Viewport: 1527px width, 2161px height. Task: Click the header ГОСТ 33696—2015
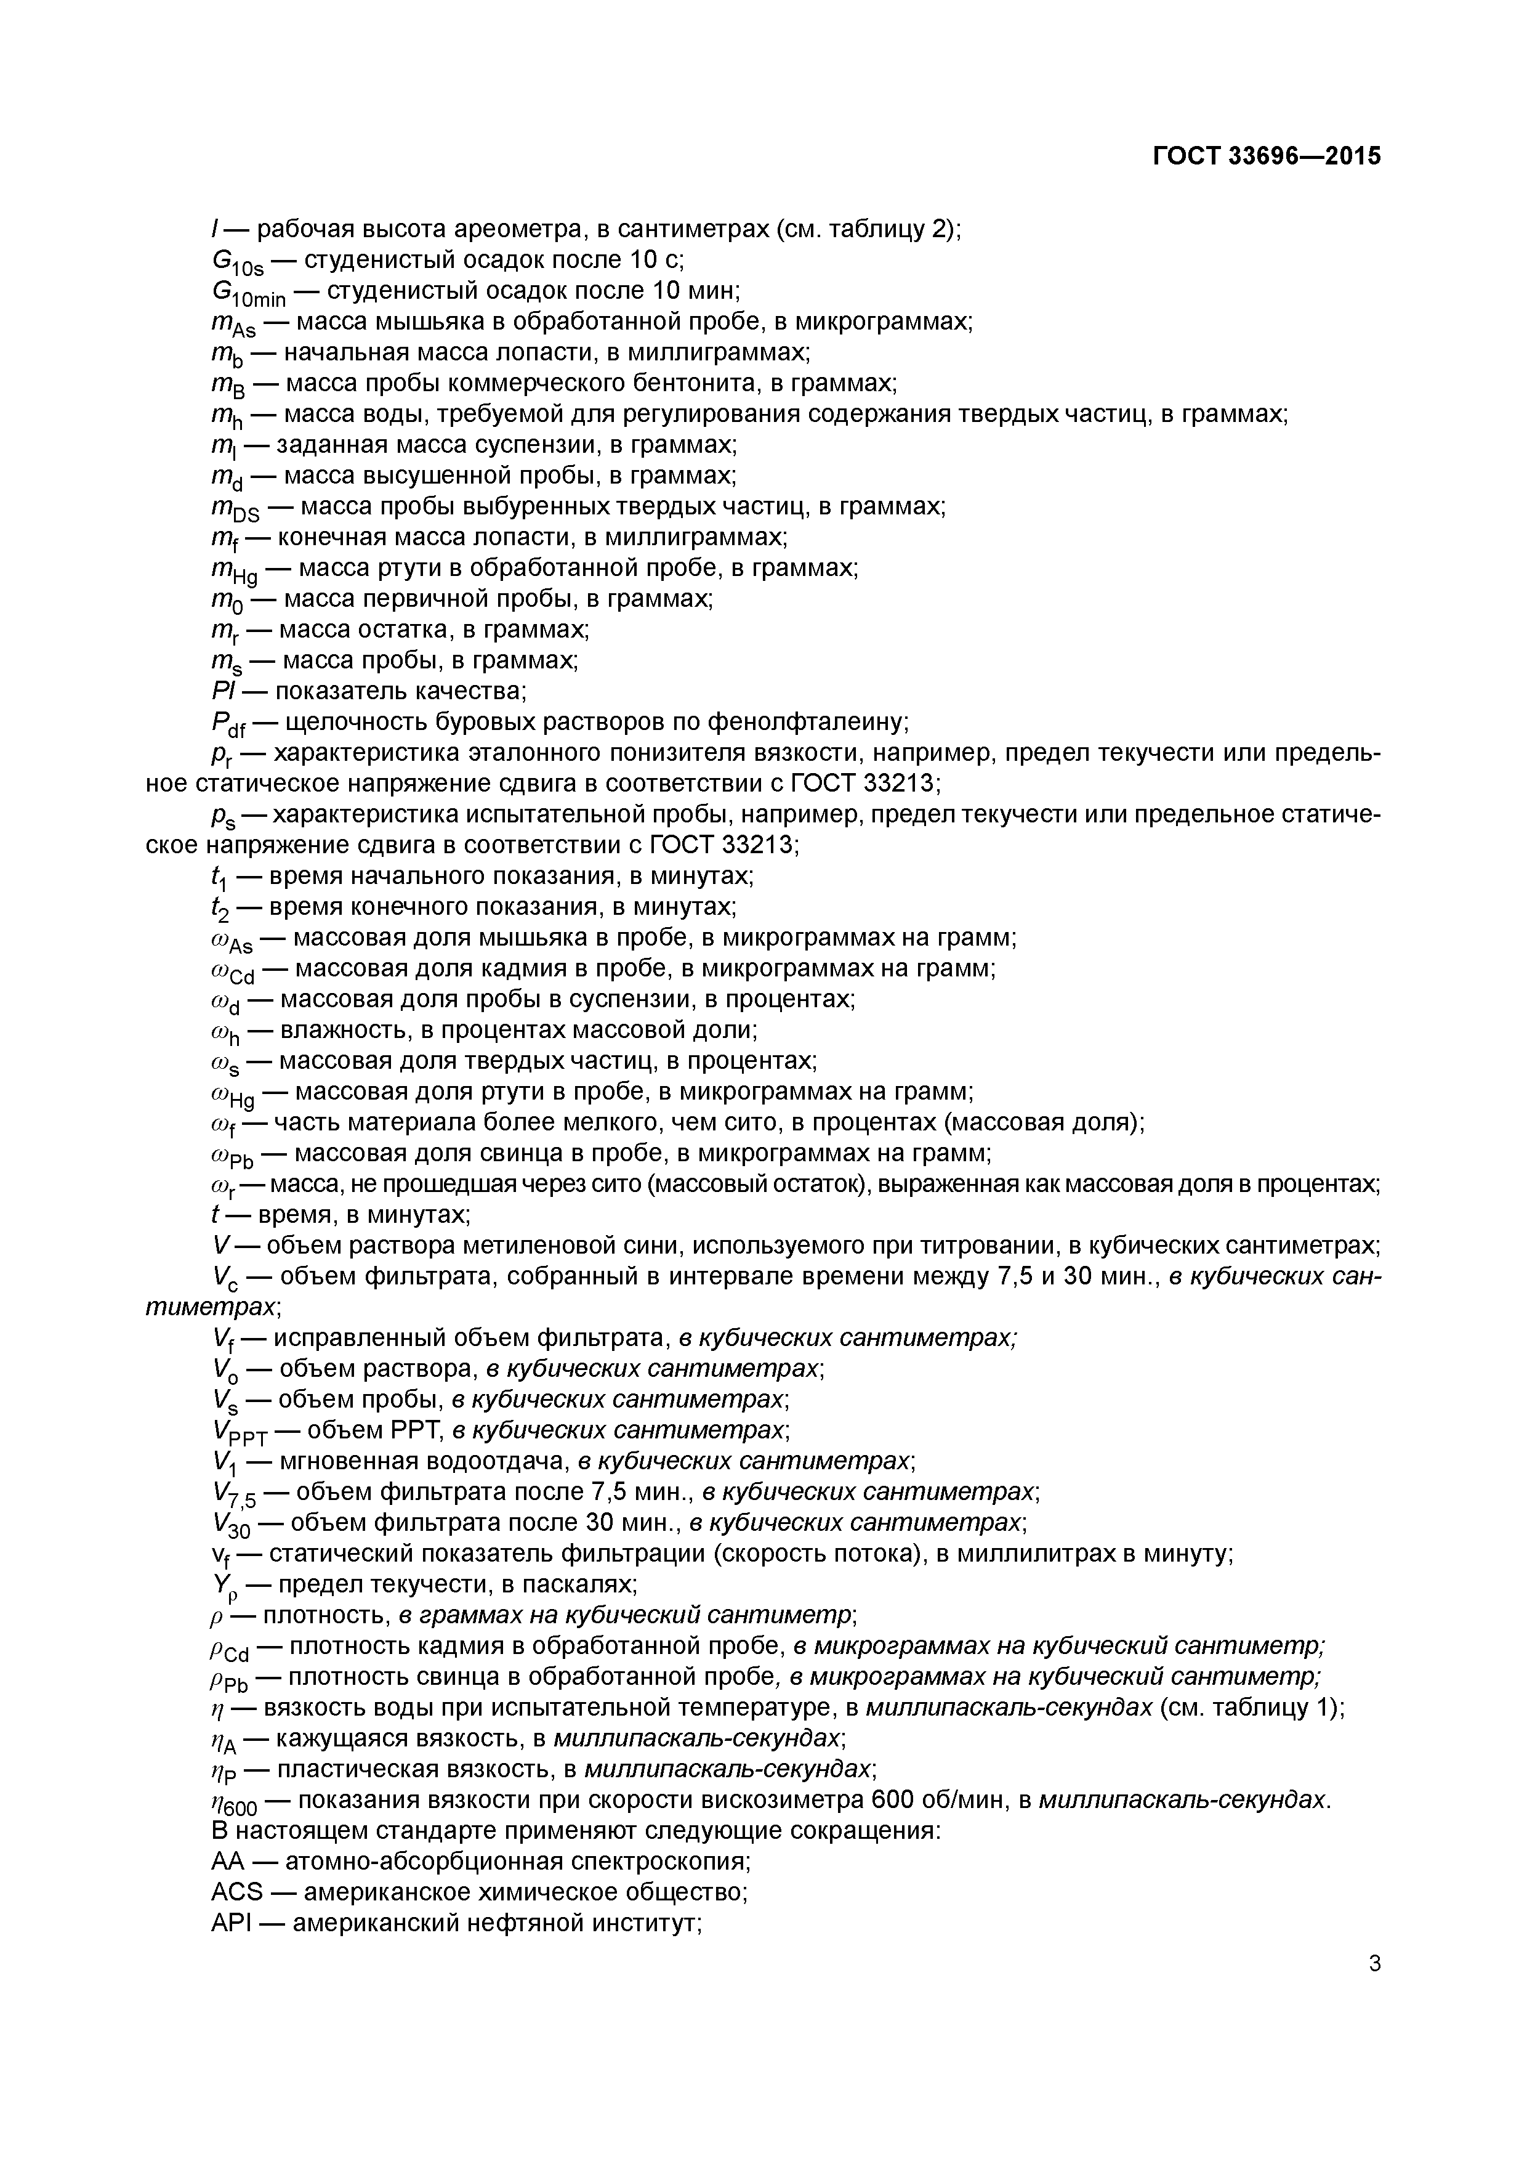(x=1267, y=156)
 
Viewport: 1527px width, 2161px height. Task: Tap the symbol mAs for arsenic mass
(x=234, y=324)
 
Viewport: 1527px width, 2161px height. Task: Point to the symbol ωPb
(x=234, y=1156)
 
